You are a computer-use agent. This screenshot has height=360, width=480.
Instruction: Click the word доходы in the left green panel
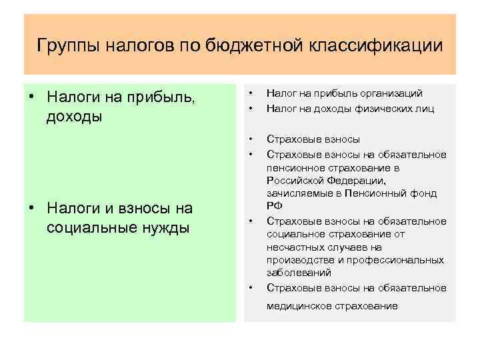tap(75, 117)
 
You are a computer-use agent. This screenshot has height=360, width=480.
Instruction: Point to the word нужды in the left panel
tap(166, 227)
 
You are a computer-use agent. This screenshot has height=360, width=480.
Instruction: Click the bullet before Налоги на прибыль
tap(32, 98)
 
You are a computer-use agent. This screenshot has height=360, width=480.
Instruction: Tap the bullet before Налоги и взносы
tap(32, 209)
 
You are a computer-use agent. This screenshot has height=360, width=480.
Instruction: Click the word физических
tap(374, 108)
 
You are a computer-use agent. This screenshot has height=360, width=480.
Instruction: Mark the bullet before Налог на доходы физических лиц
tap(251, 108)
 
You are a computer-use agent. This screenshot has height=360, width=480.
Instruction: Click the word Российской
tap(296, 181)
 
